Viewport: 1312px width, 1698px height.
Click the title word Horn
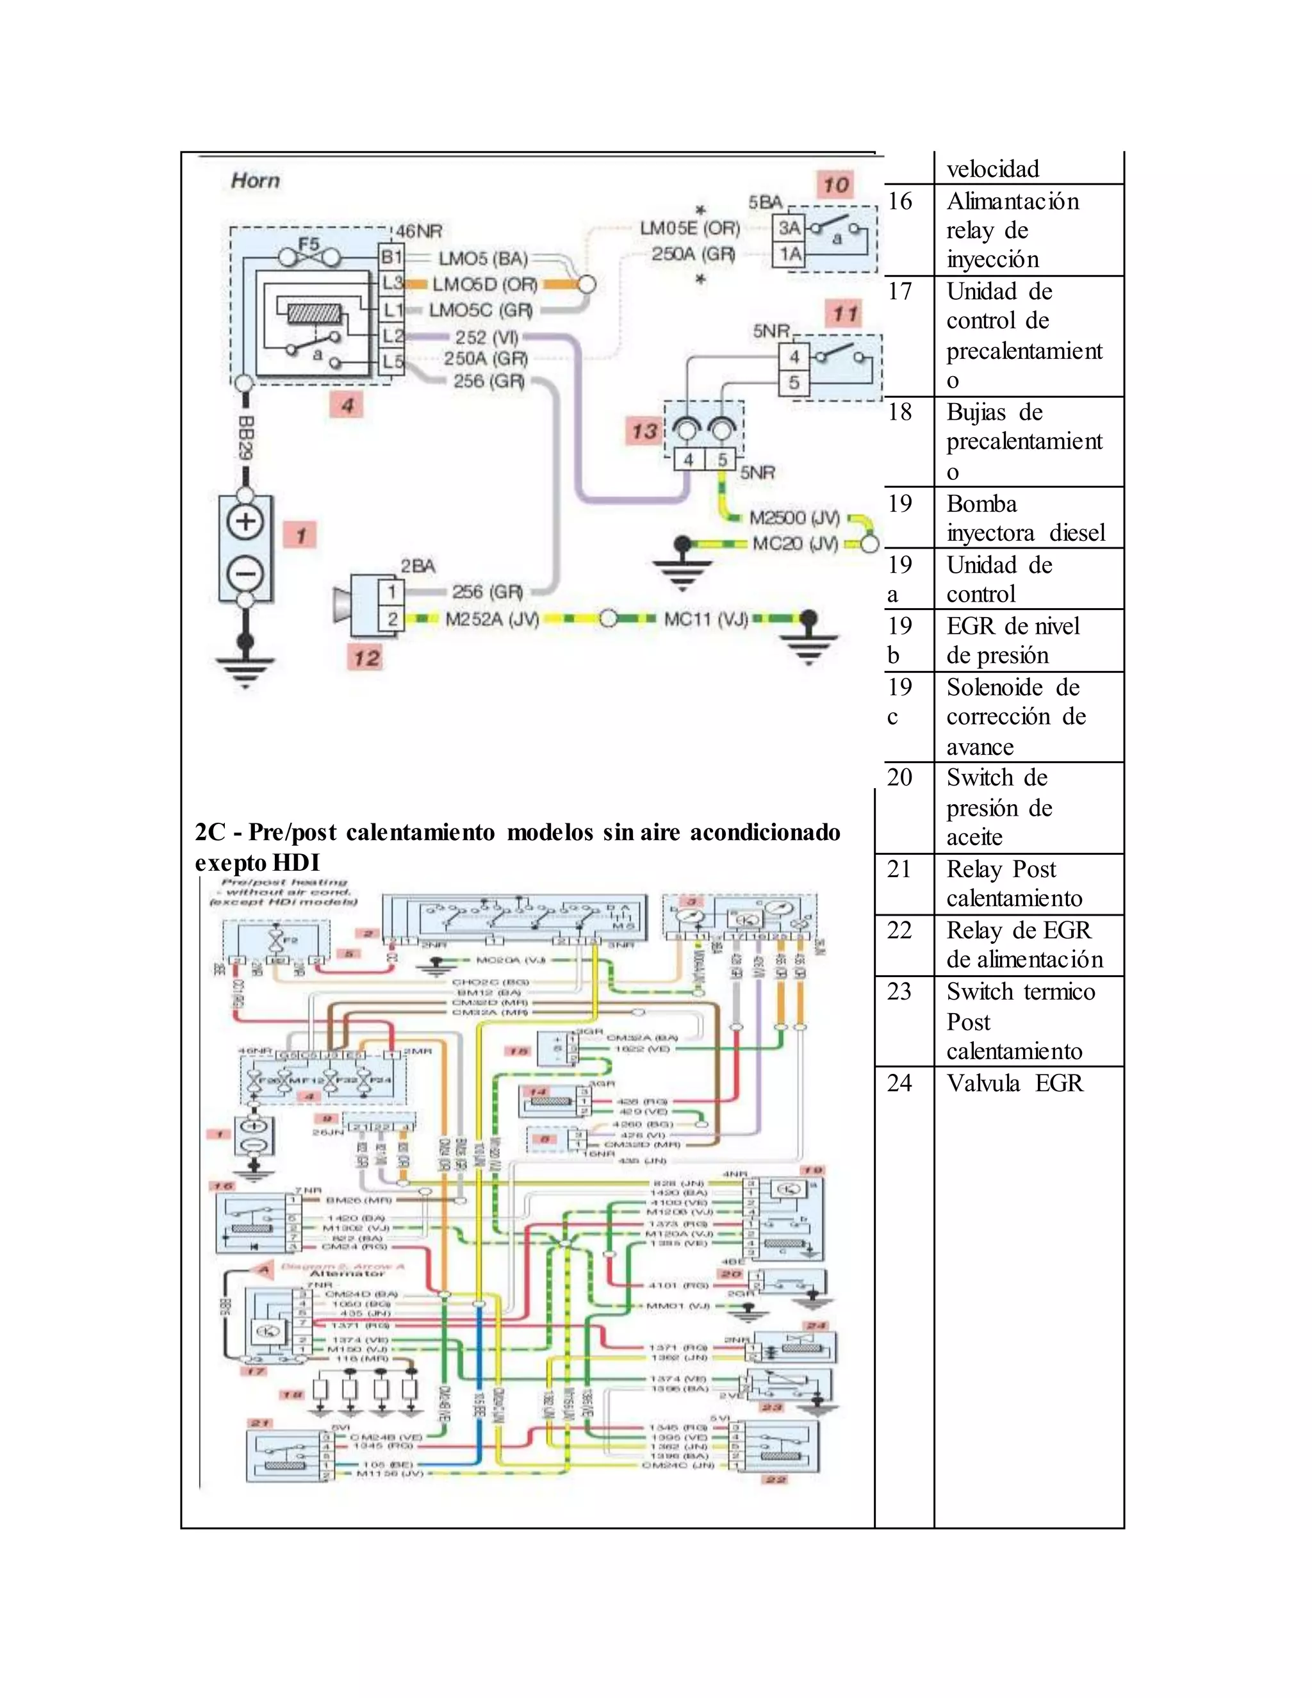(x=255, y=181)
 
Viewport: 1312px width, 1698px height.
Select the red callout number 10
(x=835, y=185)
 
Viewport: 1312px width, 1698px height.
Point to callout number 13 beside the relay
(x=644, y=431)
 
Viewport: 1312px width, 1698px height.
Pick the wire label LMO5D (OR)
(x=485, y=284)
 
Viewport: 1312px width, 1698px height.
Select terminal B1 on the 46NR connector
(x=391, y=256)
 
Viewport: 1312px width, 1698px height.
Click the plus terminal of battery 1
(x=245, y=522)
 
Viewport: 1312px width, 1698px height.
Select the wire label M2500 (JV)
(x=794, y=518)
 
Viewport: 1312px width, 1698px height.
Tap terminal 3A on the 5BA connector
(x=790, y=228)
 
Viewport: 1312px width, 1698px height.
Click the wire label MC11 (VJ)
(x=706, y=620)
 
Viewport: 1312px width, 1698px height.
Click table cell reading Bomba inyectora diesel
(x=1024, y=518)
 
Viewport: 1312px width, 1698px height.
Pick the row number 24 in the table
(x=899, y=1083)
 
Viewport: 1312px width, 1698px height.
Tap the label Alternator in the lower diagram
(x=347, y=1274)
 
